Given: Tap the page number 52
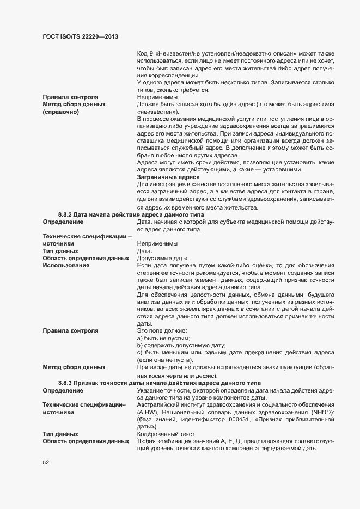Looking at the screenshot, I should [46, 463].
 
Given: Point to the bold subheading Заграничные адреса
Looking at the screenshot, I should [168, 192].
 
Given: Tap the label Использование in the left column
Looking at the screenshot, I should [66, 265].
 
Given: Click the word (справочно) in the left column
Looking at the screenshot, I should [61, 112].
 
